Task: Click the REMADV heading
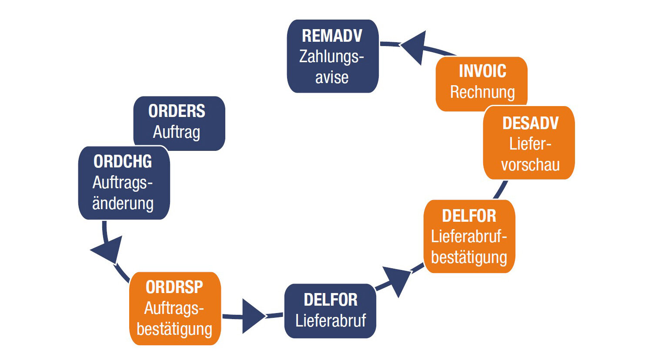point(332,36)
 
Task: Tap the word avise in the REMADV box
point(332,77)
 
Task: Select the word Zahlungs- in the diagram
point(331,57)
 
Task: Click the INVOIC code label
point(482,71)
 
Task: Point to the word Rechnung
point(482,92)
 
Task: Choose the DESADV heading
point(530,123)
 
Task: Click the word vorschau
point(530,165)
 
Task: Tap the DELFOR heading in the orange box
point(469,216)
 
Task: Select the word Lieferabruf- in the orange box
point(469,237)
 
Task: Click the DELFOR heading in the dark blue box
point(331,300)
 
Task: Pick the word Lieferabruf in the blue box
point(331,321)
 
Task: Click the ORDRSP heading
point(174,287)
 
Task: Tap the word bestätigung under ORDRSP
point(174,329)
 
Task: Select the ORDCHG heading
point(123,162)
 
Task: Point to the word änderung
point(123,203)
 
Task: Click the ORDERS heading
point(177,111)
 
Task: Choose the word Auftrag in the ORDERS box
point(177,132)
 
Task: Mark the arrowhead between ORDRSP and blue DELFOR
point(253,316)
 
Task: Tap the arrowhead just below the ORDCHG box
point(108,250)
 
